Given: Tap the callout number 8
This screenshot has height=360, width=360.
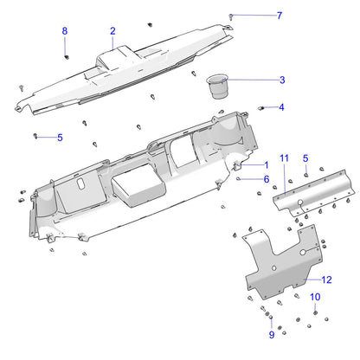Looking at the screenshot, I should coord(64,31).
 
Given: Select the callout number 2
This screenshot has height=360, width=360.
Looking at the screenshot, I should coord(112,31).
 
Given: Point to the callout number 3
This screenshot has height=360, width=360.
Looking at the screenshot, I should coord(281,80).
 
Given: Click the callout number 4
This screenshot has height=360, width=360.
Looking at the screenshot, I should coord(281,107).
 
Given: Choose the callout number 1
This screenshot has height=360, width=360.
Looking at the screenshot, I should coord(266,164).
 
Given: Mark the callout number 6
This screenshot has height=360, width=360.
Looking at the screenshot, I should coord(266,178).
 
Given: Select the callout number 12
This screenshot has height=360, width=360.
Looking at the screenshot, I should coord(326,280).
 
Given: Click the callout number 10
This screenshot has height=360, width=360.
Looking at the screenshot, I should coord(315,297).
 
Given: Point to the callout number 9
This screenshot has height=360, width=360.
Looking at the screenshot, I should coord(271,334).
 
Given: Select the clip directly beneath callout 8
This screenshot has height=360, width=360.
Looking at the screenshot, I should coord(67,56).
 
